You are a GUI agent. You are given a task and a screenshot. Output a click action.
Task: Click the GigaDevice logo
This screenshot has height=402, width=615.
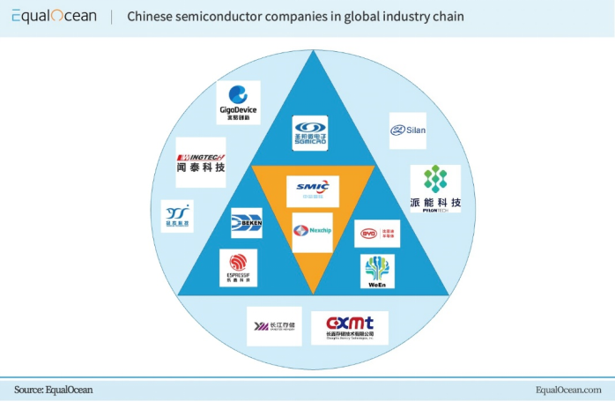point(238,102)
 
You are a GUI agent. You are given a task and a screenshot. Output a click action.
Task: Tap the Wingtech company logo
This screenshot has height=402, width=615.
point(200,162)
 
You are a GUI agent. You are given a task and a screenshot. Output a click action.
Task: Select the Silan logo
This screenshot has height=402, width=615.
point(408,130)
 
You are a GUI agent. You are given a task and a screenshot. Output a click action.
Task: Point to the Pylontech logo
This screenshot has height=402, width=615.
point(435,188)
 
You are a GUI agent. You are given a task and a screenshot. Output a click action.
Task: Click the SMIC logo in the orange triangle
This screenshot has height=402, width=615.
point(313,190)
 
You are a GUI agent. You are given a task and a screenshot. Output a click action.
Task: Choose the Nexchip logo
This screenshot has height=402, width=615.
point(312,232)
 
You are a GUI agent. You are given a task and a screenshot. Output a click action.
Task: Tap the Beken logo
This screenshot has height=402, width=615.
point(246,223)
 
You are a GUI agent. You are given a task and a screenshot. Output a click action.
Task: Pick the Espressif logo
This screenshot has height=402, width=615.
point(238,267)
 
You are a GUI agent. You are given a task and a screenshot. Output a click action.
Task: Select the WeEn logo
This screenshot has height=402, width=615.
point(377,272)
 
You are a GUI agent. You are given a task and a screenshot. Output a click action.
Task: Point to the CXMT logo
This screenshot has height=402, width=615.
point(350,327)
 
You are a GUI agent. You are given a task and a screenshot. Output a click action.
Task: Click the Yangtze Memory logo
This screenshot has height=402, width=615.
point(274,326)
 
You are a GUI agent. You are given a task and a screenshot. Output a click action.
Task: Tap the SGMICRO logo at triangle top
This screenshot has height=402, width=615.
point(310,133)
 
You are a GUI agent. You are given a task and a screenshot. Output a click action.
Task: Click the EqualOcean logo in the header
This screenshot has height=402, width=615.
point(54,17)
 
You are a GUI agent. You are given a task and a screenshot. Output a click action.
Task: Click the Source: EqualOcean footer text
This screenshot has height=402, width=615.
point(53,390)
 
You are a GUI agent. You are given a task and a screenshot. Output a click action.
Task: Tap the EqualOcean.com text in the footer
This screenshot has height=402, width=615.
point(568,390)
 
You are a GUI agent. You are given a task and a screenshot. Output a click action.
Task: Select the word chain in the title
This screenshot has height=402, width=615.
point(448,17)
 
